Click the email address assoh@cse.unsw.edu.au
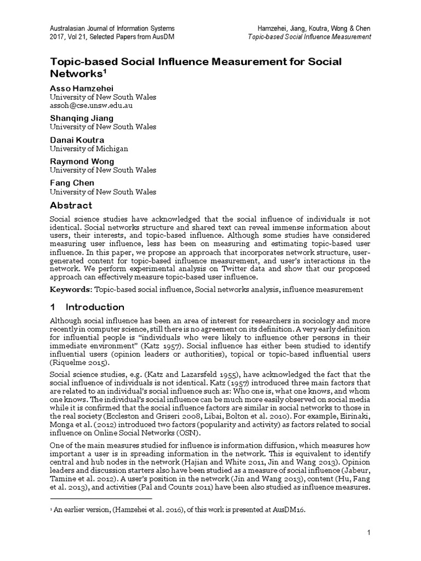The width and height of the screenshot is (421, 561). point(91,106)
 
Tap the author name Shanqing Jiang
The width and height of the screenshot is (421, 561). point(82,118)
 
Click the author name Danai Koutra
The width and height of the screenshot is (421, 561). point(76,140)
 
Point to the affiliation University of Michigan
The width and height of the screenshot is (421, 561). point(89,148)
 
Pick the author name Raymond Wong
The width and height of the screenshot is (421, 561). point(82,162)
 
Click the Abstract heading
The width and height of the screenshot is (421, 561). point(71,205)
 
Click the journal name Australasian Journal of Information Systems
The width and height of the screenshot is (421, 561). point(112,28)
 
